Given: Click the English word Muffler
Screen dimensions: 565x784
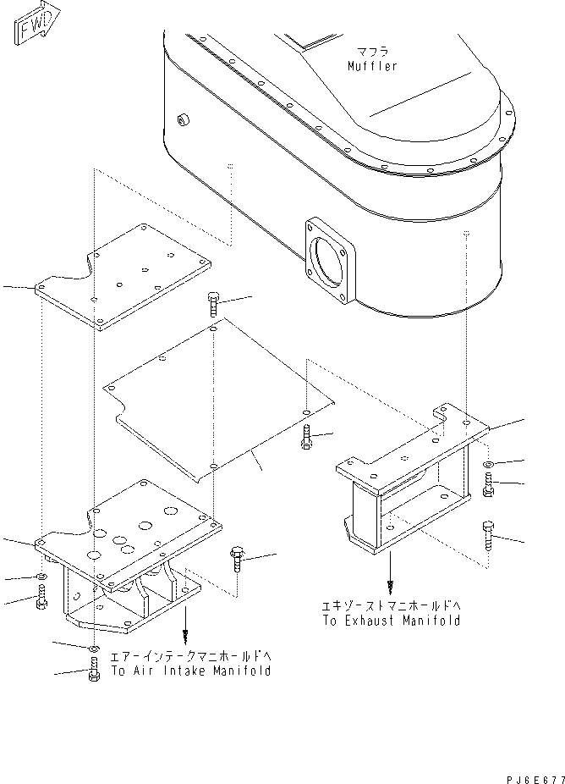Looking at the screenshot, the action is coord(373,65).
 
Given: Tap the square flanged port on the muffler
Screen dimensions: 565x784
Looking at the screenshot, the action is coord(330,261).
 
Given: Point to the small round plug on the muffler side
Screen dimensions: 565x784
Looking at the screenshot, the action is coord(183,119).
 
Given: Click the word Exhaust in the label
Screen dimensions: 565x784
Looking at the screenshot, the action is coord(369,621).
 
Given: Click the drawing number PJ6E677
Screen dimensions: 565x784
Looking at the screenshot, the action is coord(535,779).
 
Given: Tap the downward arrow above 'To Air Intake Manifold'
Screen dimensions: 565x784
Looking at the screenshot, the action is coord(185,623).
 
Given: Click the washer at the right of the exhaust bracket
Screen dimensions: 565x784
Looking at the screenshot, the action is coord(488,465).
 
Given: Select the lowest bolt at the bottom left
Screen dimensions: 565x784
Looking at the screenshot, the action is coord(93,670).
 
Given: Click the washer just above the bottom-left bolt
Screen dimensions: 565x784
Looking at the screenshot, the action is coord(93,649).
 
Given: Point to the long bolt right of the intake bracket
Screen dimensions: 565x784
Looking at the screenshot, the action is coord(236,561).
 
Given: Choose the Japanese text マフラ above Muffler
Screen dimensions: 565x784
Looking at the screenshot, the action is coord(373,52).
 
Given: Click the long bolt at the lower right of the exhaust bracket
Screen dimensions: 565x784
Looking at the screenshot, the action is coord(488,535).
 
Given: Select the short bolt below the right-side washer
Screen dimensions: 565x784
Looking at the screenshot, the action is coord(488,485).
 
